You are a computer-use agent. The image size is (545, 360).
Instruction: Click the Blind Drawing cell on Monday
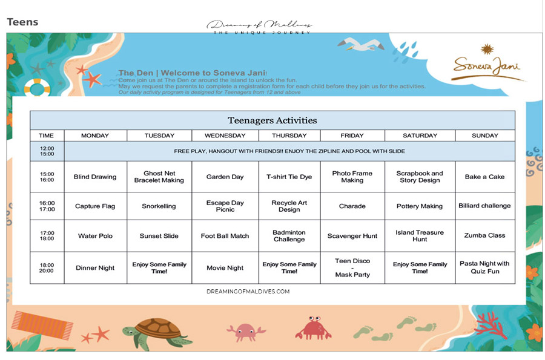[95, 177]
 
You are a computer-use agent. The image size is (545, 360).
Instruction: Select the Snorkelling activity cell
[159, 206]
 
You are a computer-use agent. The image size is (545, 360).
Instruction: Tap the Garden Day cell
[225, 177]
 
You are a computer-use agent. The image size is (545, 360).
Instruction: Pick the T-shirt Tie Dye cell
[289, 177]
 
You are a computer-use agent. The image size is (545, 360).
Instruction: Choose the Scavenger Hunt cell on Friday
[352, 236]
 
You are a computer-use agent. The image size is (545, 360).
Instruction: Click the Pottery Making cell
[420, 206]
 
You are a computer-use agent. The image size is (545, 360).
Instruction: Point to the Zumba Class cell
[485, 235]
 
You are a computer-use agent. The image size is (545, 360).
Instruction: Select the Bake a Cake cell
[485, 177]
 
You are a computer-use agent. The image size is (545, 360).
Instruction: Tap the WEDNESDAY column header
[225, 136]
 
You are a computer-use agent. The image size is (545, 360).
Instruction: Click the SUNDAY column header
[485, 136]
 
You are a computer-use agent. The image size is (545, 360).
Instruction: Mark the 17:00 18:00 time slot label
[47, 236]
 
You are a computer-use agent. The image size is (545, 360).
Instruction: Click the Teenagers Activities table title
[272, 120]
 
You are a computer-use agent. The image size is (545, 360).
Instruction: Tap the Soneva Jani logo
[486, 65]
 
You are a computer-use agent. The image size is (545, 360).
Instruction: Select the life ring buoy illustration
[38, 88]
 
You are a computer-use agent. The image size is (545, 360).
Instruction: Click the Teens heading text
[22, 22]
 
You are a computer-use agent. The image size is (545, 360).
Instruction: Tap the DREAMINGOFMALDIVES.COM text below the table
[248, 292]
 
